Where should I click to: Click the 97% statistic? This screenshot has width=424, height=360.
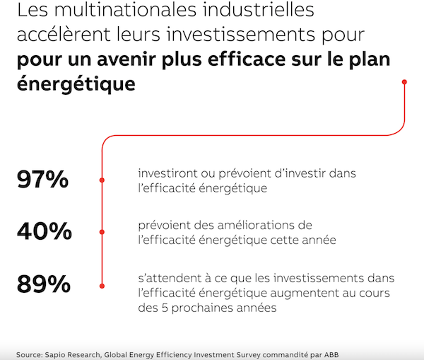coord(43,180)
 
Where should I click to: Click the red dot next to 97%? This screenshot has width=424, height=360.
coord(103,180)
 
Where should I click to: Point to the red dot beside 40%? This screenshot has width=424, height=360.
coord(103,232)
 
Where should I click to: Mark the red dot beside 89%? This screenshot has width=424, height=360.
coord(103,285)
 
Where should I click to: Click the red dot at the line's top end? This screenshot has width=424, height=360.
coord(404,82)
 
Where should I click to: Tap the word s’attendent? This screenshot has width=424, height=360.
coord(170,277)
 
